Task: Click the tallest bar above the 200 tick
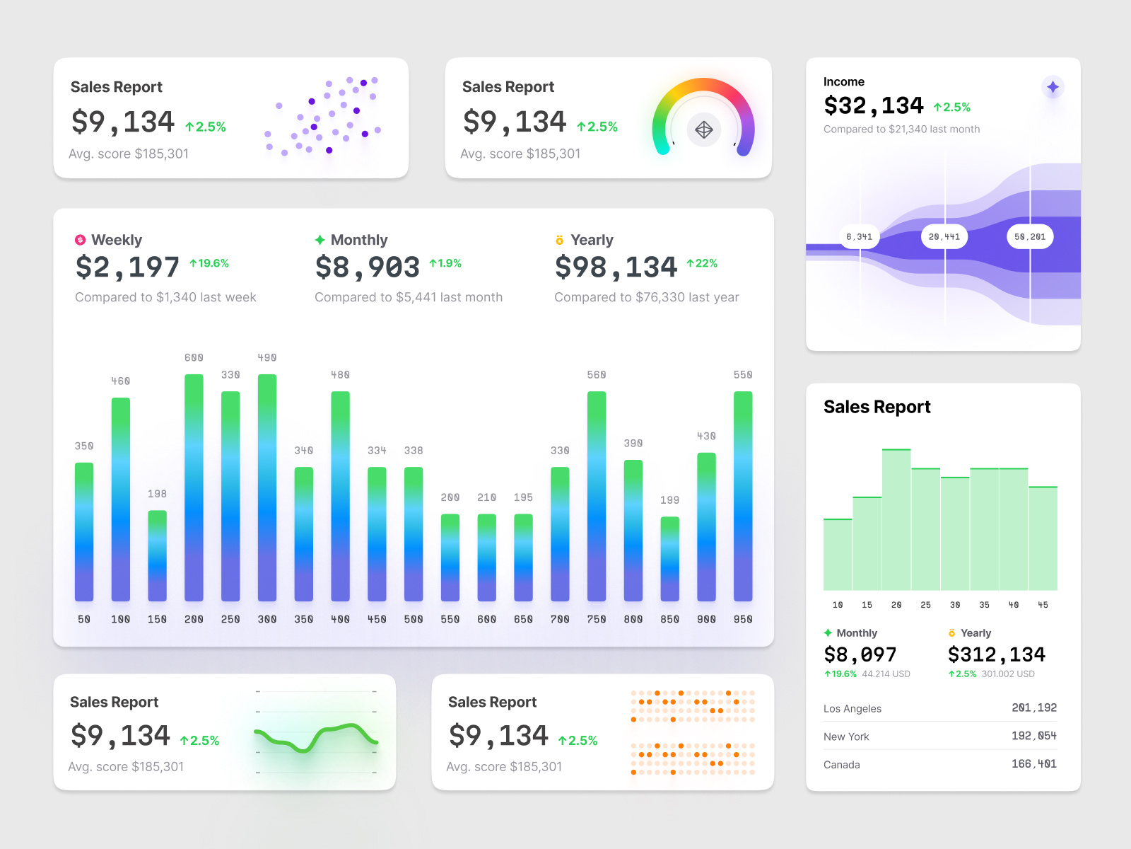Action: point(194,488)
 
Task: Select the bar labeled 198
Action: point(157,556)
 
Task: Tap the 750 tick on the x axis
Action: point(596,619)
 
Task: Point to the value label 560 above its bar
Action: point(596,375)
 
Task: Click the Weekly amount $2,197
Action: point(127,267)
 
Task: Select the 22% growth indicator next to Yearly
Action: point(702,263)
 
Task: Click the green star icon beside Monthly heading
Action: point(320,240)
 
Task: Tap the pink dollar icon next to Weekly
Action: point(81,240)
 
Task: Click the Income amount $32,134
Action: point(874,106)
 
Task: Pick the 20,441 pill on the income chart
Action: point(944,237)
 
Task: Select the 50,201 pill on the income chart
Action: point(1030,237)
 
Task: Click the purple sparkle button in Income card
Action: point(1053,87)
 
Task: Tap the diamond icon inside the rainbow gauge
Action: point(703,129)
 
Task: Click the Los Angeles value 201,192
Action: point(1033,707)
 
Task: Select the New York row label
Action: point(846,737)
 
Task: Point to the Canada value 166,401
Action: point(1033,764)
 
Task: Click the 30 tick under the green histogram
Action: point(955,605)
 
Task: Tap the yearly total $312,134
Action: point(996,654)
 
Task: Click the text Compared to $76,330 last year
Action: point(646,297)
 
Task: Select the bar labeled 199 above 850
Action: point(669,559)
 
